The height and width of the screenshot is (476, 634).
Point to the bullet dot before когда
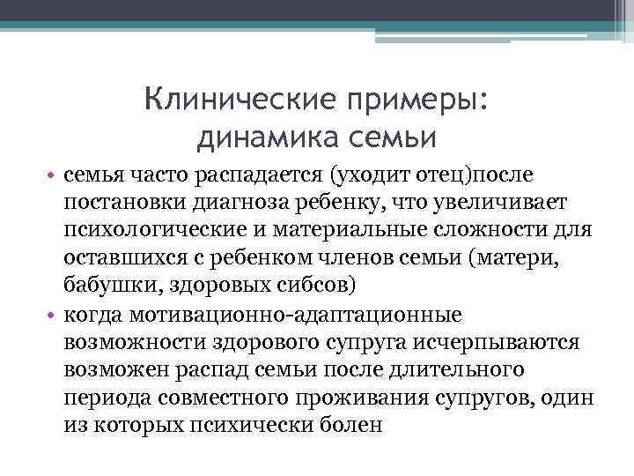53,316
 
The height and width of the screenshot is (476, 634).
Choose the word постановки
122,204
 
